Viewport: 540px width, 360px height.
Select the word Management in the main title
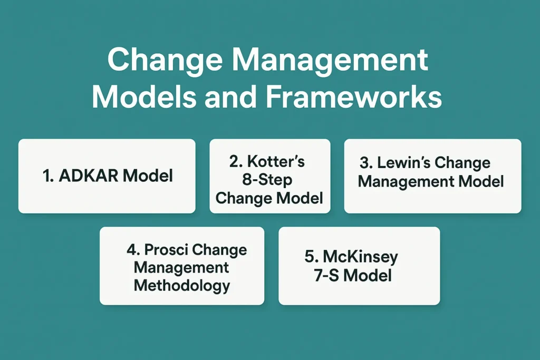330,60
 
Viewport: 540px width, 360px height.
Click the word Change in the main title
165,60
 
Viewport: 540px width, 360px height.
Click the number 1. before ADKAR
48,176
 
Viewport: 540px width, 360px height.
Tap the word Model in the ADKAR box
148,176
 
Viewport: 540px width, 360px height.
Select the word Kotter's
276,161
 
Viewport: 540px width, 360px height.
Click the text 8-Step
267,180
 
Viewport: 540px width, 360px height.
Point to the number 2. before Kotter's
236,161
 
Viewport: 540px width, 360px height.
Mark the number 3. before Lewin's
367,163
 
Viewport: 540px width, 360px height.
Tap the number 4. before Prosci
133,249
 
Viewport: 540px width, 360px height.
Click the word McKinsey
360,257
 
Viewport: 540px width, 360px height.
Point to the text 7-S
326,275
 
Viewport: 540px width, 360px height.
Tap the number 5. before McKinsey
312,256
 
